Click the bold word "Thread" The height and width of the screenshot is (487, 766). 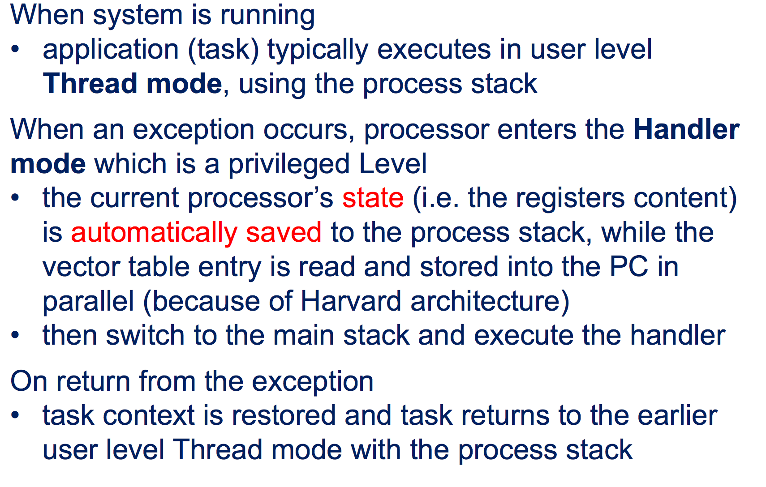(90, 83)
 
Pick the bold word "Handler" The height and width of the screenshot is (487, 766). (687, 129)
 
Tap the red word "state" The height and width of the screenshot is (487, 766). (373, 198)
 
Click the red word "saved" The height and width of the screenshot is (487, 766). (284, 232)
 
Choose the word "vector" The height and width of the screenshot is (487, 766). (81, 267)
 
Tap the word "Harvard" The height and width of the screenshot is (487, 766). (351, 301)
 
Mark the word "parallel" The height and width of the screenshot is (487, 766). (88, 302)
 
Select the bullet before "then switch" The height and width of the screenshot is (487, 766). (15, 334)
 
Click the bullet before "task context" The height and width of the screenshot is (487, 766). (15, 415)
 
